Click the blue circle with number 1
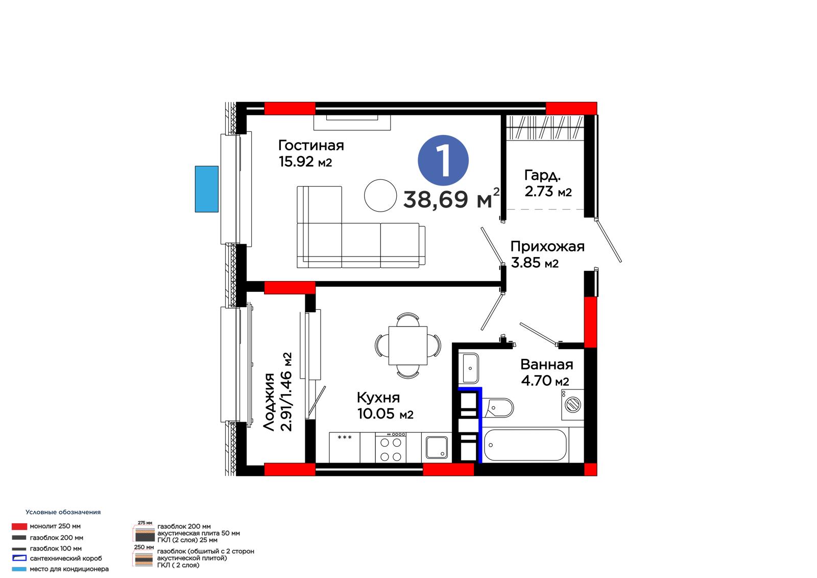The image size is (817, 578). [443, 160]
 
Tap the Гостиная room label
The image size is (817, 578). [311, 145]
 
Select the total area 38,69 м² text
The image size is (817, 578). [451, 199]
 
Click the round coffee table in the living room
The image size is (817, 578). [380, 196]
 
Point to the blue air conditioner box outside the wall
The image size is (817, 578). [206, 189]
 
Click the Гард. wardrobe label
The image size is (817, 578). [542, 176]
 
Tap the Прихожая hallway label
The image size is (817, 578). [547, 246]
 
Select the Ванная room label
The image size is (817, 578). [546, 364]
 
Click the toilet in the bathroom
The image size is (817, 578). [498, 407]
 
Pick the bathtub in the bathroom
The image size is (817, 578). [525, 445]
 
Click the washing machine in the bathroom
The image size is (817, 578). [572, 405]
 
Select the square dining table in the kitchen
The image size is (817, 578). [408, 345]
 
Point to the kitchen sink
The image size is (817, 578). [437, 447]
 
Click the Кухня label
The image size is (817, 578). [378, 397]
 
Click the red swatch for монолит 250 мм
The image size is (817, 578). [19, 526]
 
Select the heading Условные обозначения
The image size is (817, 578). [63, 512]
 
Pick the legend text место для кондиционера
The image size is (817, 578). [69, 569]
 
